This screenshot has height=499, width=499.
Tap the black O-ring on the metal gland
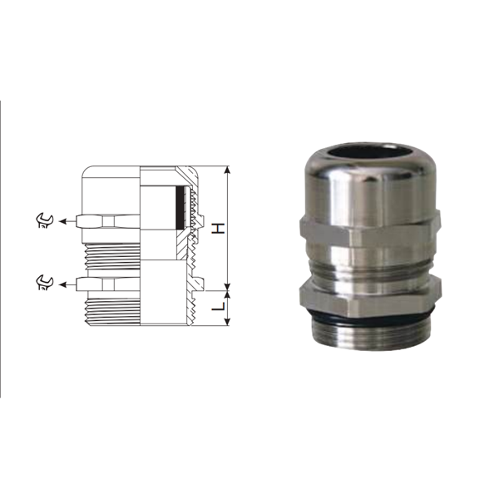[x=366, y=314]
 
